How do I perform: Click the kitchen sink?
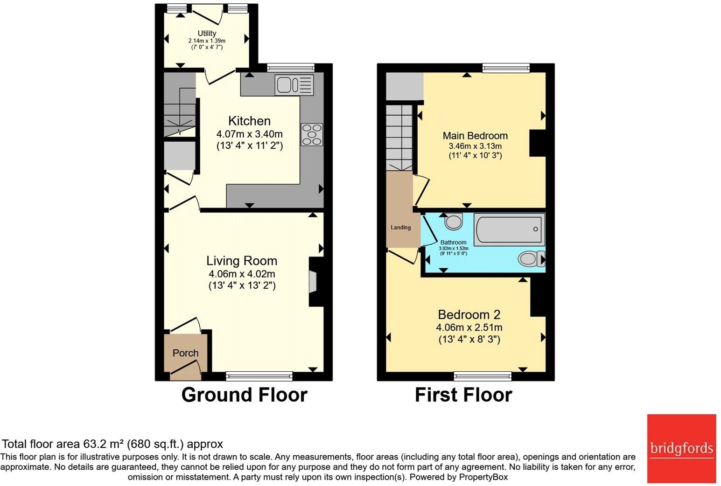[x=294, y=85]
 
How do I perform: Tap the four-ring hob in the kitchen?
[x=312, y=135]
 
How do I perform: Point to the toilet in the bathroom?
[x=532, y=258]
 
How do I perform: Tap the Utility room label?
[x=207, y=33]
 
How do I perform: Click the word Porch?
[x=185, y=353]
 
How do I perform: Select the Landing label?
[x=401, y=228]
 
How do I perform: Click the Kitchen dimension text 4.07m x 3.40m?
[x=250, y=134]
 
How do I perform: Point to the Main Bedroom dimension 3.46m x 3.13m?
[x=476, y=146]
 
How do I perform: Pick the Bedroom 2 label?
[x=469, y=314]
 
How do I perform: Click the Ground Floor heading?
[x=245, y=395]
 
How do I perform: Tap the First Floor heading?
[x=463, y=395]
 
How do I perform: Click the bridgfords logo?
[x=682, y=448]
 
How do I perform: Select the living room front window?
[x=259, y=376]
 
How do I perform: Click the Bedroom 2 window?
[x=483, y=376]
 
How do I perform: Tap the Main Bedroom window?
[x=506, y=68]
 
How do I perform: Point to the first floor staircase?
[x=399, y=138]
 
